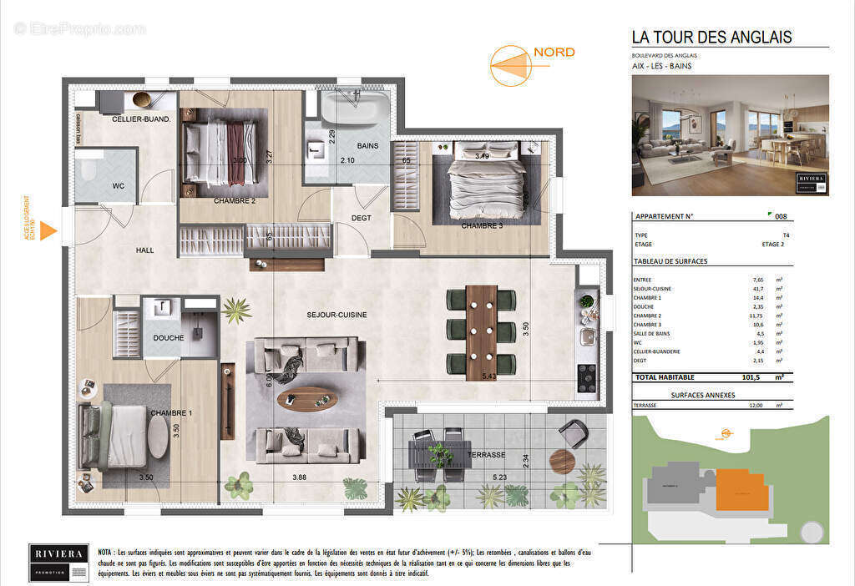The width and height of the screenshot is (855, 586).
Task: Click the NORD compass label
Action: click(554, 52)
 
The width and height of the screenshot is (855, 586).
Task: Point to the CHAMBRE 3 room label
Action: click(482, 225)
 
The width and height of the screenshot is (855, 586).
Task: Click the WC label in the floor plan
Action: click(119, 185)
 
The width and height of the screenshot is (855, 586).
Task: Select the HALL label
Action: click(146, 250)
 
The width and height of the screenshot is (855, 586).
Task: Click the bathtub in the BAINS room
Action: click(356, 108)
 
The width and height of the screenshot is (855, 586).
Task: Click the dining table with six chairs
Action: click(481, 331)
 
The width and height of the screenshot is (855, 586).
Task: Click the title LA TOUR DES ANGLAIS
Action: click(711, 37)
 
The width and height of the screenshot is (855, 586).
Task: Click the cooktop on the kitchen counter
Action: click(587, 377)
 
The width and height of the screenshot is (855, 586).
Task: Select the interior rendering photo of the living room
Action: click(730, 135)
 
